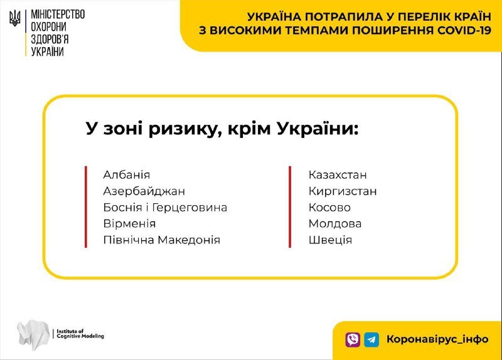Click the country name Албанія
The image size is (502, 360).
click(127, 175)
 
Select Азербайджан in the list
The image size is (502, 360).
click(144, 191)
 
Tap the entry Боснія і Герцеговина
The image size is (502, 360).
click(165, 208)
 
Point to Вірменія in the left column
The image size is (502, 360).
click(129, 224)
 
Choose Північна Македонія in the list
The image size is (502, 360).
click(162, 240)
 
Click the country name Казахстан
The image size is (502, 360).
click(338, 175)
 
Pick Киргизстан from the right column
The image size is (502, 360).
click(343, 191)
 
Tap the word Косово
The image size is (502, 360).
click(329, 208)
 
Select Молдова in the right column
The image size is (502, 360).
click(335, 224)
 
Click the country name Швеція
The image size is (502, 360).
click(330, 240)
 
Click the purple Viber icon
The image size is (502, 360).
click(353, 339)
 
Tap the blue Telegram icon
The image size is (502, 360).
click(371, 339)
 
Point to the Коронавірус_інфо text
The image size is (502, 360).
click(437, 339)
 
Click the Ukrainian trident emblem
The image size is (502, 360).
click(14, 19)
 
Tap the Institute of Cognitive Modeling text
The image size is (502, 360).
click(80, 334)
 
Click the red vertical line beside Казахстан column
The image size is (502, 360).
click(290, 207)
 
